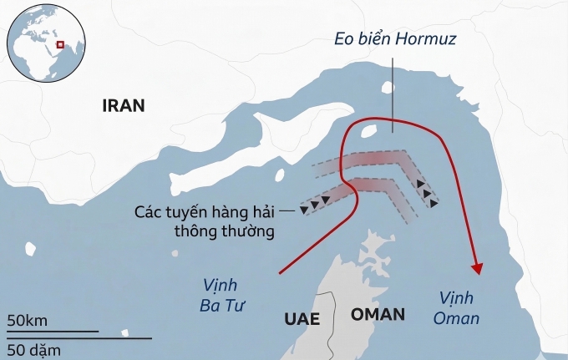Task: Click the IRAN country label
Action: (x=123, y=105)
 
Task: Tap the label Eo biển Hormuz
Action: (x=395, y=39)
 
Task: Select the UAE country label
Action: (x=302, y=317)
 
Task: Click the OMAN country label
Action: (x=378, y=315)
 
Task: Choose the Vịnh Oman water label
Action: (x=458, y=308)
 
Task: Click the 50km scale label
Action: (x=27, y=321)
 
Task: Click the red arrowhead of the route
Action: (x=478, y=268)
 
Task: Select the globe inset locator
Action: (x=47, y=43)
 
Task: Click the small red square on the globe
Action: (x=59, y=45)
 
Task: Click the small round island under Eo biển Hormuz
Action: (x=387, y=87)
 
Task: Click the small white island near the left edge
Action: (x=31, y=249)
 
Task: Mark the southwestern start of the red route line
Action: (x=279, y=273)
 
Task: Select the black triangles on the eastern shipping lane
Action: (x=428, y=193)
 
